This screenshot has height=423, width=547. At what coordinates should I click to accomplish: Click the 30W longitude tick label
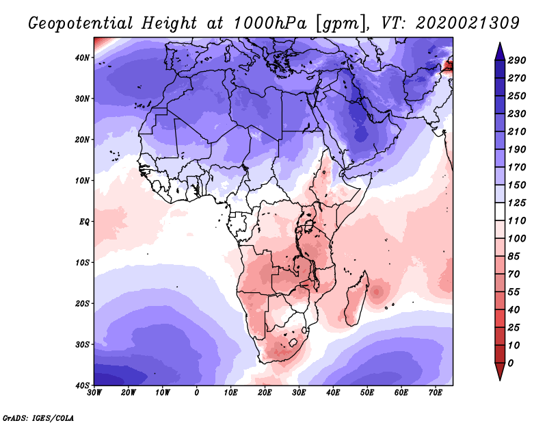coord(94,393)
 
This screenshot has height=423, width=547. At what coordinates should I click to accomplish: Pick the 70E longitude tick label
coord(436,393)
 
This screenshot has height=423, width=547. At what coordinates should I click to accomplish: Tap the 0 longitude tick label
coord(197,393)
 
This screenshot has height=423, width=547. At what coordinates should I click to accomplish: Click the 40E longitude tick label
coord(333,393)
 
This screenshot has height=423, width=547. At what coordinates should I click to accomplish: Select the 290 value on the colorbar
coord(516,61)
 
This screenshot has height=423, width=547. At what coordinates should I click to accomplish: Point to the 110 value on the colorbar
coord(516,221)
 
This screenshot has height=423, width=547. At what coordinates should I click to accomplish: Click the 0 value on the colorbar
coord(511,363)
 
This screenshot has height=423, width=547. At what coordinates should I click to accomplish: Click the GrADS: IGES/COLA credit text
coord(38,416)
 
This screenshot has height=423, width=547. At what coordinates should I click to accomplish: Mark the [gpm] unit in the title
coord(337,23)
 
